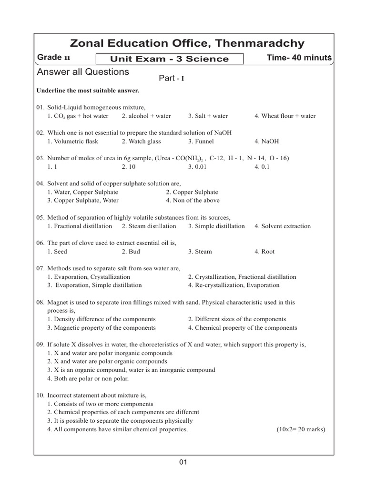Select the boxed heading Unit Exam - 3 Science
[170, 59]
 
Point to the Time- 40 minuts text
[300, 58]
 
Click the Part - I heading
[171, 78]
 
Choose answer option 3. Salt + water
[208, 116]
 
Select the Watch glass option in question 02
[141, 141]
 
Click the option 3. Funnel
[201, 141]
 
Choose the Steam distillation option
[149, 226]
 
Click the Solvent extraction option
[282, 226]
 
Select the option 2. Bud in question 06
[131, 252]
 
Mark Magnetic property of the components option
[101, 328]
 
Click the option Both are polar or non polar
[88, 379]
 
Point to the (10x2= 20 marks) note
[301, 429]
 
